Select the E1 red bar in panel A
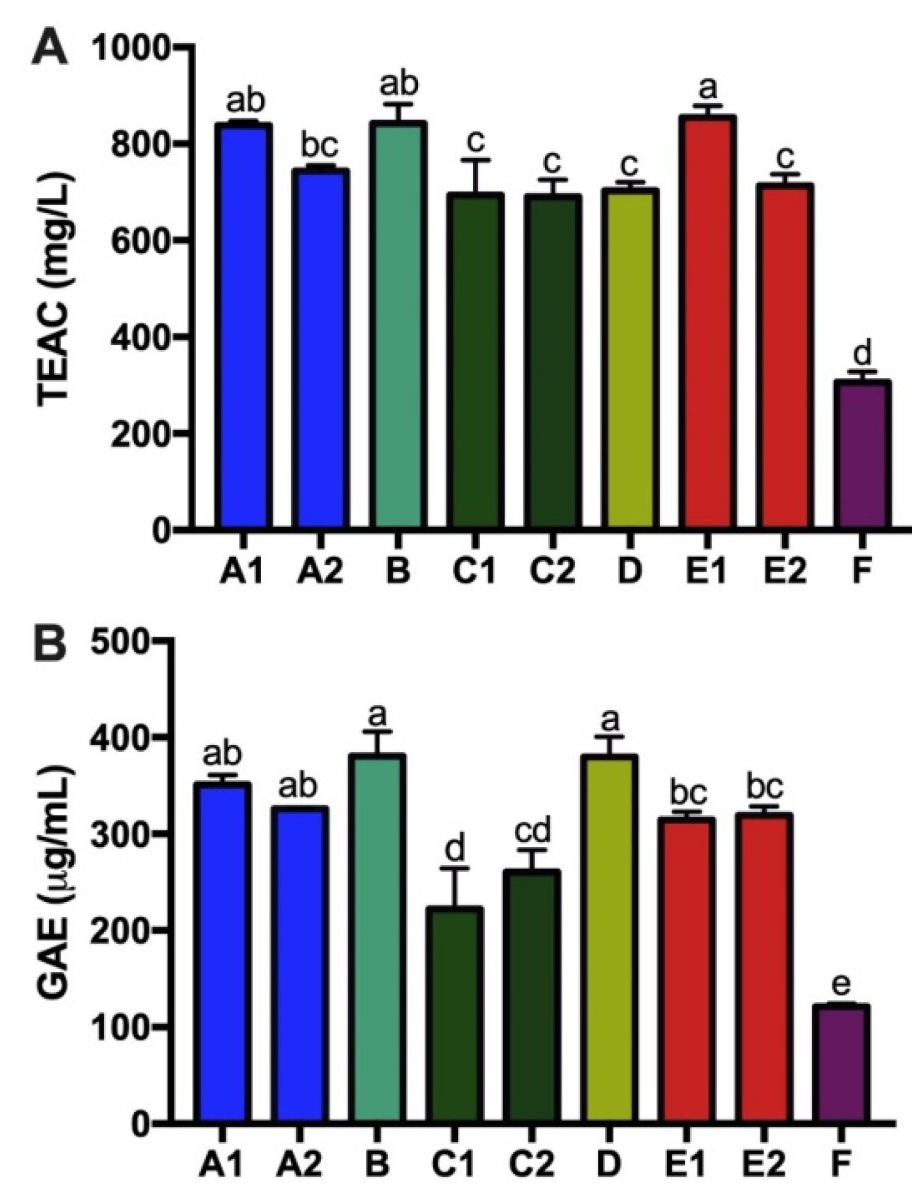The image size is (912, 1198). (708, 322)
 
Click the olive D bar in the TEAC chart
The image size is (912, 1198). (630, 358)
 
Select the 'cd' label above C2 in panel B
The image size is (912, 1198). (533, 831)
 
